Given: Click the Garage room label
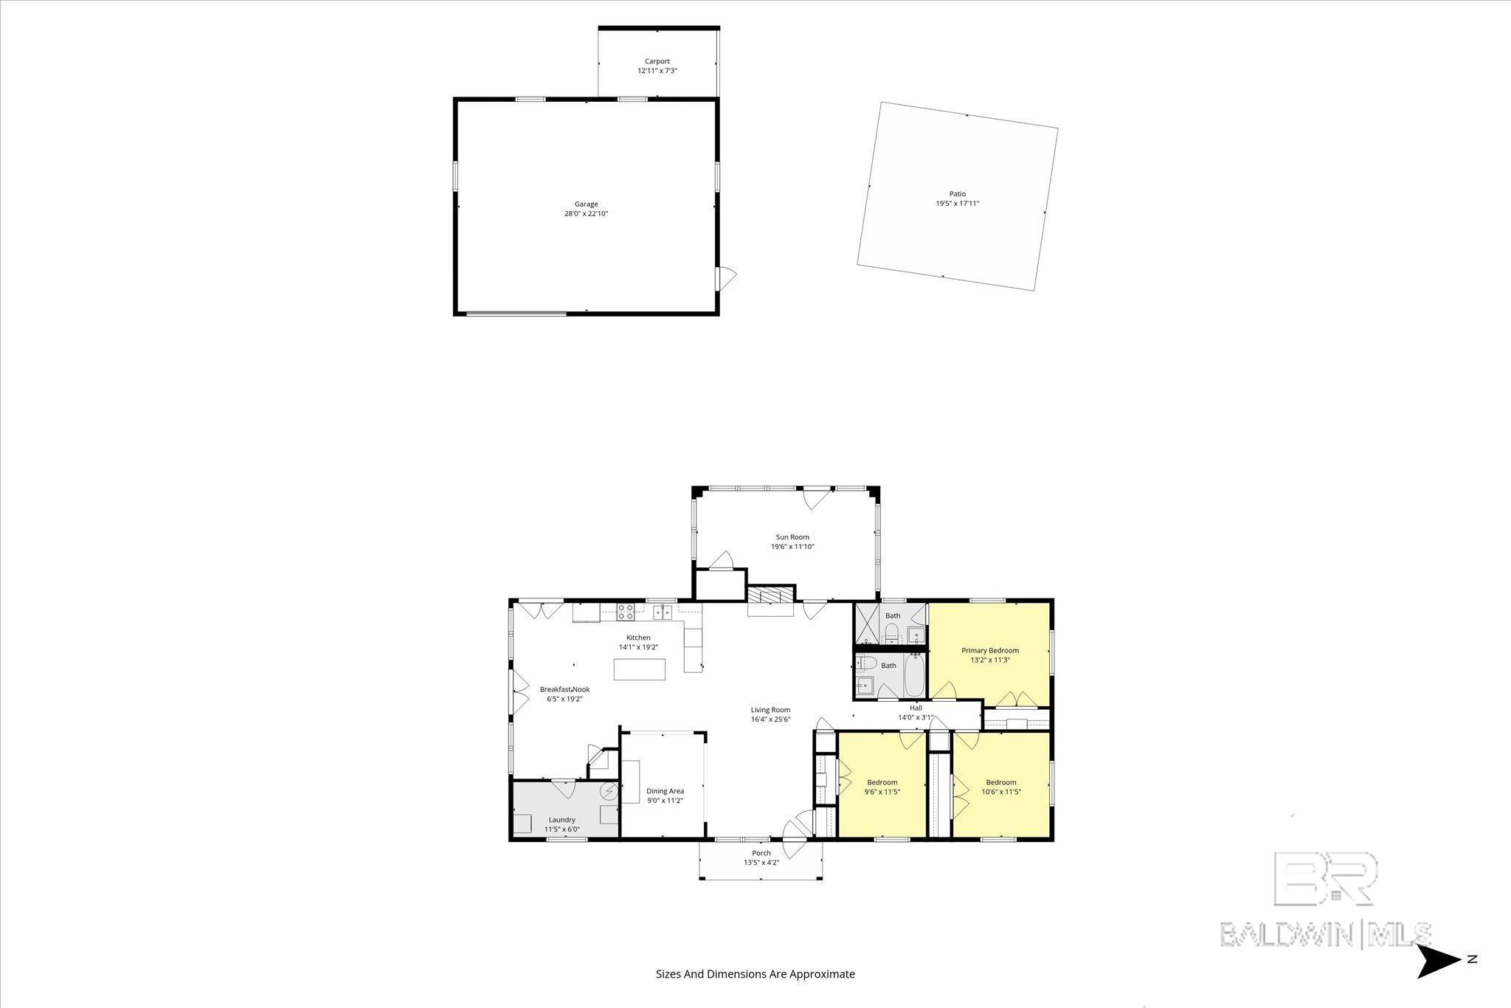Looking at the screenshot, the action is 587,204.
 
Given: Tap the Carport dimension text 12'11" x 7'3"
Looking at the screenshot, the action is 657,71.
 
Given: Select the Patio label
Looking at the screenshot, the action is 958,194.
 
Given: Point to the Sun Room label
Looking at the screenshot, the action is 792,537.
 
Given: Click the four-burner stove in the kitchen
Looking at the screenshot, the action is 626,611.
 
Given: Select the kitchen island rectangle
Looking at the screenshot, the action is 640,669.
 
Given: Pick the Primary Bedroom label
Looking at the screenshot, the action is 990,650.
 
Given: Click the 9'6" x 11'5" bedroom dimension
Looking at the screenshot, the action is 882,792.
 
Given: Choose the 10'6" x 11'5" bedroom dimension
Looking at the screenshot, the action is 1001,792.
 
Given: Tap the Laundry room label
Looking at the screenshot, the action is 562,819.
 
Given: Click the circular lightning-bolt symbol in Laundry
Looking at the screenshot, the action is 609,792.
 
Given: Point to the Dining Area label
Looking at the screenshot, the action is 665,791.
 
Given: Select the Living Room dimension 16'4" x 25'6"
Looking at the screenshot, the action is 771,719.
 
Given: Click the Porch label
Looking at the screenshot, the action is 761,853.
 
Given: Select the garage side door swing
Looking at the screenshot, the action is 727,278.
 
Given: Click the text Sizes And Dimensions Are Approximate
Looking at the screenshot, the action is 755,974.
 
